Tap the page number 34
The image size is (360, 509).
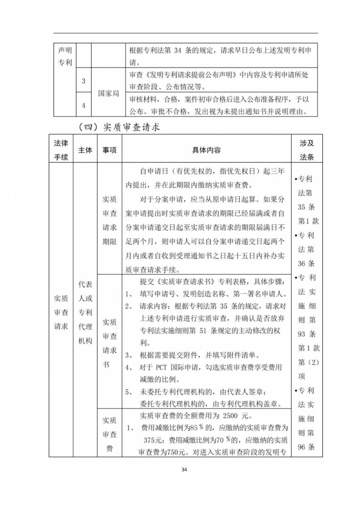(184, 470)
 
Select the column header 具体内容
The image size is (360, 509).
(207, 150)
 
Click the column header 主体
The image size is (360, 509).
(85, 150)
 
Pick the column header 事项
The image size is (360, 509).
(109, 150)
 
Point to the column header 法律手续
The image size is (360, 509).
(61, 150)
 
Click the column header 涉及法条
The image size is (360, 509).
(307, 150)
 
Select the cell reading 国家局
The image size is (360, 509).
(109, 93)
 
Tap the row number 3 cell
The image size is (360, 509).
(84, 81)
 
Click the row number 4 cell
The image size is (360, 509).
(84, 105)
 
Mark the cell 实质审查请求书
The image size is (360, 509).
(109, 343)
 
